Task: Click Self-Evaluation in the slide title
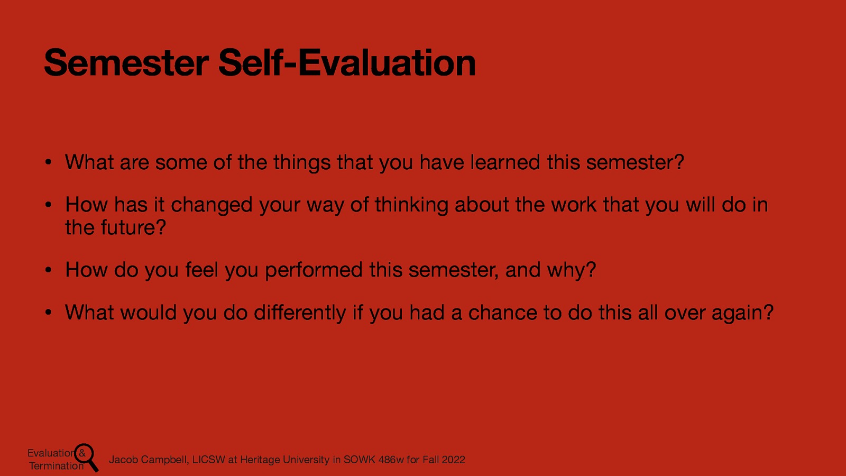coord(347,63)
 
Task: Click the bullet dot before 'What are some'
coord(48,163)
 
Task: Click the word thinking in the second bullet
coord(411,205)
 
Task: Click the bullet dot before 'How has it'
coord(48,205)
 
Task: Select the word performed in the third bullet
coord(314,270)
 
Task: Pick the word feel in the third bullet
coord(201,270)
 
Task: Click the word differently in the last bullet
coord(300,313)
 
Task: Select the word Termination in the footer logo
coord(56,466)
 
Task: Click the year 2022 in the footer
coord(453,460)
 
